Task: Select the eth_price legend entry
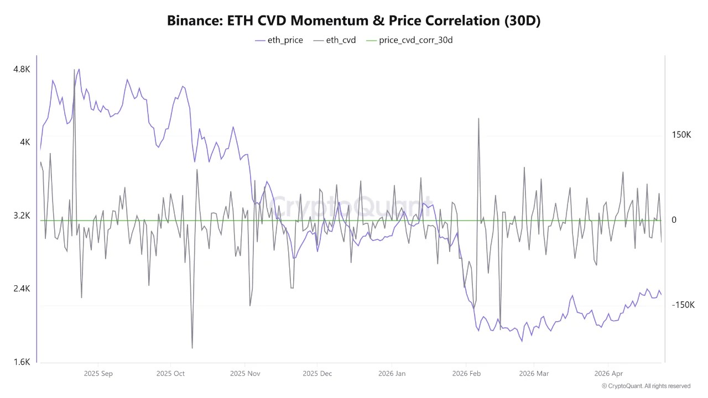[279, 40]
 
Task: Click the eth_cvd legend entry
[335, 40]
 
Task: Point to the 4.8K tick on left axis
[22, 69]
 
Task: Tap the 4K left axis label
[25, 142]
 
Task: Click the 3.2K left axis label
[22, 216]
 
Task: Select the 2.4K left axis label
[22, 289]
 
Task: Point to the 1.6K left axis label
[22, 362]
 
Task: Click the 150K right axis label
[681, 135]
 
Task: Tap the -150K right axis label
[683, 305]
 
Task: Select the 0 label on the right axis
[674, 220]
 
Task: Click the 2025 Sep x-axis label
[98, 374]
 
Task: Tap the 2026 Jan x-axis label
[392, 374]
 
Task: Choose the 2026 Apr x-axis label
[608, 374]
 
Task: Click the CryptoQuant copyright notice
[646, 386]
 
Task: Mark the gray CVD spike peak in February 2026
[478, 118]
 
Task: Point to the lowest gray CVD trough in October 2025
[192, 348]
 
